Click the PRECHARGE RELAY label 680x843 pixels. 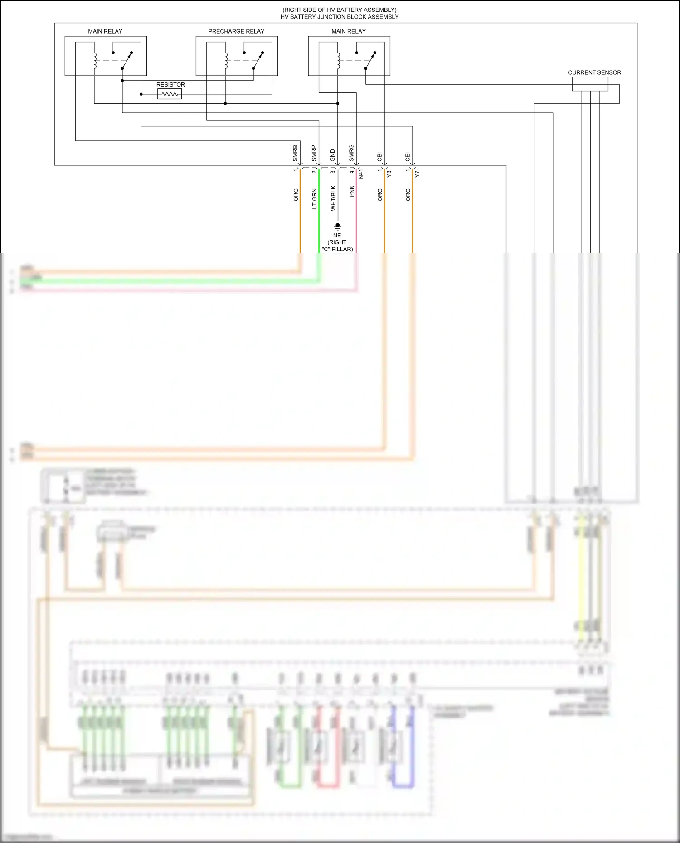point(236,31)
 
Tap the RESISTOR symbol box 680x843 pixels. point(170,94)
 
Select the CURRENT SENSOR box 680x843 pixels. point(590,84)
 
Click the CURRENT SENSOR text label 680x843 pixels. point(594,72)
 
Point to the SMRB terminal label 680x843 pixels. point(296,153)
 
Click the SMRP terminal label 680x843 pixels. point(314,153)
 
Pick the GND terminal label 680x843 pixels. point(333,155)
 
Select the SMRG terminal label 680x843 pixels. point(351,153)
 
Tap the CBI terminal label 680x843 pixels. point(380,157)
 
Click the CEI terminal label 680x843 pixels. point(408,157)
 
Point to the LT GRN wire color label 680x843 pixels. point(315,199)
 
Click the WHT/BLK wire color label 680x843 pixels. point(333,198)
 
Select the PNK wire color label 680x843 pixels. point(352,192)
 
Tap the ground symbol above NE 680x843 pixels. point(337,226)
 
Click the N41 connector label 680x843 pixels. point(361,174)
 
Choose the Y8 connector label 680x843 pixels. point(389,173)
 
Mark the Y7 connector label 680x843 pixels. point(418,173)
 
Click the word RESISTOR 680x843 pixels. point(170,85)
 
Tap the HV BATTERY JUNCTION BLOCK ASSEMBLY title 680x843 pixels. point(340,17)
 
